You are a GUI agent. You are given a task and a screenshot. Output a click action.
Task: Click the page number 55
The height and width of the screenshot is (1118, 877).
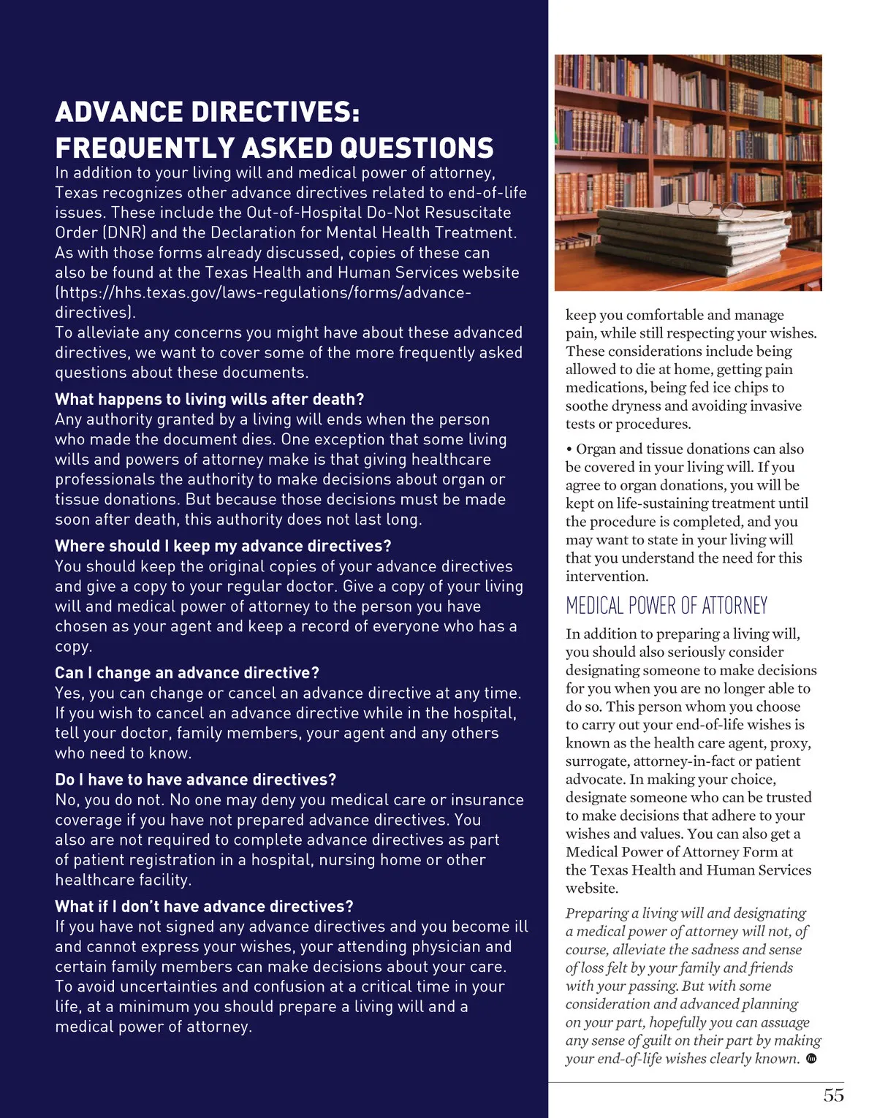tap(833, 1095)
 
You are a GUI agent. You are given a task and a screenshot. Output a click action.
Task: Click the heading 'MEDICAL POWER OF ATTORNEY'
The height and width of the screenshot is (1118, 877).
tap(667, 606)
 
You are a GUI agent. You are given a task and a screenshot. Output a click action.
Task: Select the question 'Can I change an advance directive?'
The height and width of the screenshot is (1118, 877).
tap(187, 673)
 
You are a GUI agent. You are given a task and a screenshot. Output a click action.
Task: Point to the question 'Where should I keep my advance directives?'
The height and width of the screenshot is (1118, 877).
tap(223, 546)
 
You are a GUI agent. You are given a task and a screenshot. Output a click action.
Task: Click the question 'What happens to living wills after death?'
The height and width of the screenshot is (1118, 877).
tap(209, 400)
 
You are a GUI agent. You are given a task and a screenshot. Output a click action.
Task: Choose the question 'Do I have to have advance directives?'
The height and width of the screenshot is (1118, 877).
tap(196, 780)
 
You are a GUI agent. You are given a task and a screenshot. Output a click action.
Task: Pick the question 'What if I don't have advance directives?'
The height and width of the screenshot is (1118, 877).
tap(204, 907)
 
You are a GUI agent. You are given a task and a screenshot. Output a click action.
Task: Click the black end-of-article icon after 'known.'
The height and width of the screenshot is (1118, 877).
tap(810, 1059)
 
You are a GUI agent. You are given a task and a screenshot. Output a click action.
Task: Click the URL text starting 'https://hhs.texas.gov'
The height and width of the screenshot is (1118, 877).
tap(263, 293)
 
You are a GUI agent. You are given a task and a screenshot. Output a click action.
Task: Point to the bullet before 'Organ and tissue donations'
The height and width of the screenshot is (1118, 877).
tap(569, 449)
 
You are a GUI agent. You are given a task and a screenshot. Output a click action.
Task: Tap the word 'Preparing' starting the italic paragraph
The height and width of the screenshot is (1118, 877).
tap(596, 913)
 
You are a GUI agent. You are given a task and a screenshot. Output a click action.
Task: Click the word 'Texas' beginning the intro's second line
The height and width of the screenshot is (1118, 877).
tap(76, 193)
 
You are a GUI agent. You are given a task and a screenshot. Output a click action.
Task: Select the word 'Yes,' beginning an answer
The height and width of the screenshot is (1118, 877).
tap(70, 693)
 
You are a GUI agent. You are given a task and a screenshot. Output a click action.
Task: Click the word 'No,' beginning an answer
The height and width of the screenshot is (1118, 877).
tap(67, 800)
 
